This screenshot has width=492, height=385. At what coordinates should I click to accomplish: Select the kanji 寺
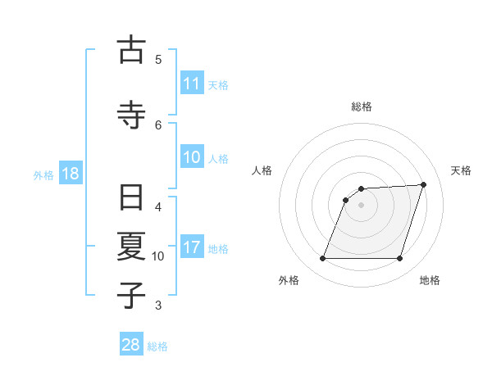pyautogui.click(x=131, y=113)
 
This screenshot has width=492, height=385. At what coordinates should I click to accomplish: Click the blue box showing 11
pyautogui.click(x=191, y=84)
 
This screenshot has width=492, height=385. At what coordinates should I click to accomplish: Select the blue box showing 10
pyautogui.click(x=191, y=158)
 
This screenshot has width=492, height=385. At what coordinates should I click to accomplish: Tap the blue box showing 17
pyautogui.click(x=191, y=247)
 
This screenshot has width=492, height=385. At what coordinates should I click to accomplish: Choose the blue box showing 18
pyautogui.click(x=70, y=174)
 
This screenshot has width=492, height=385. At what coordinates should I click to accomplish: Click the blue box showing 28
pyautogui.click(x=131, y=345)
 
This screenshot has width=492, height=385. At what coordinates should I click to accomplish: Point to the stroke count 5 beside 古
pyautogui.click(x=158, y=59)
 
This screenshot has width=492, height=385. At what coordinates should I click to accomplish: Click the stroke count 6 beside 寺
pyautogui.click(x=158, y=125)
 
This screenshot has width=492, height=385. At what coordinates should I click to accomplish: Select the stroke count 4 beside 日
pyautogui.click(x=158, y=206)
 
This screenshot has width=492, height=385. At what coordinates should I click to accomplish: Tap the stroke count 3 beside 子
pyautogui.click(x=158, y=306)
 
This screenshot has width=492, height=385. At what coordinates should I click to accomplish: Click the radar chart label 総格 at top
pyautogui.click(x=361, y=106)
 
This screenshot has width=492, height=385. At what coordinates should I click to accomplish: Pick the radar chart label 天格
pyautogui.click(x=461, y=170)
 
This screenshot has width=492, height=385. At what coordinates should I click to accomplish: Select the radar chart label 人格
pyautogui.click(x=262, y=170)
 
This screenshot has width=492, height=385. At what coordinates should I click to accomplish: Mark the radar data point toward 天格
pyautogui.click(x=423, y=184)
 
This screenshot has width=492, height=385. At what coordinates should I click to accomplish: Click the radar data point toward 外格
pyautogui.click(x=322, y=259)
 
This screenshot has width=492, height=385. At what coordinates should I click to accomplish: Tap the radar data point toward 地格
pyautogui.click(x=399, y=259)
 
